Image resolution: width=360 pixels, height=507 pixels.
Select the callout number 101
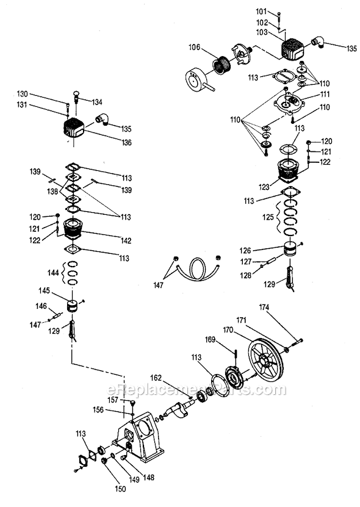pyautogui.click(x=261, y=11)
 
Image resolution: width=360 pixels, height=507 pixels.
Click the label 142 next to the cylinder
pyautogui.click(x=125, y=240)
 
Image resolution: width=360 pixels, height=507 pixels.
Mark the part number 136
pyautogui.click(x=126, y=143)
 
